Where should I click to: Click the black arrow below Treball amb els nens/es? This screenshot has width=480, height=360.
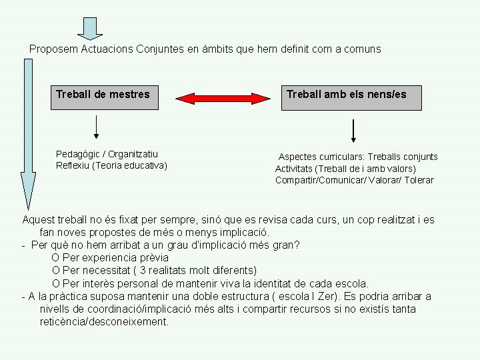tap(353, 131)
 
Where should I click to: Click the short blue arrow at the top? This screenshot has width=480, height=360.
tap(91, 27)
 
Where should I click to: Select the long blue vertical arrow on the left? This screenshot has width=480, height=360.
tap(28, 133)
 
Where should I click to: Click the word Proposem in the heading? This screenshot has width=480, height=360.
tap(54, 49)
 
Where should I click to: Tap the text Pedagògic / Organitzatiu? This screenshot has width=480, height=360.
tap(107, 154)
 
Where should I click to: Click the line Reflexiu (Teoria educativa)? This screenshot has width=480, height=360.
tap(111, 165)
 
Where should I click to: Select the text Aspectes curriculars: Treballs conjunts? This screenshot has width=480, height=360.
tap(358, 157)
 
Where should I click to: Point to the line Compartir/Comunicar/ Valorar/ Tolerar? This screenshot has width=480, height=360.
tap(354, 180)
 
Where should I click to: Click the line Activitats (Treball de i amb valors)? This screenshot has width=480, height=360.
tap(345, 169)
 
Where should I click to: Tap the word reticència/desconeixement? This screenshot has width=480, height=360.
tap(104, 321)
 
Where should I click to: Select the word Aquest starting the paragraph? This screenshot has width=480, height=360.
tap(39, 220)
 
